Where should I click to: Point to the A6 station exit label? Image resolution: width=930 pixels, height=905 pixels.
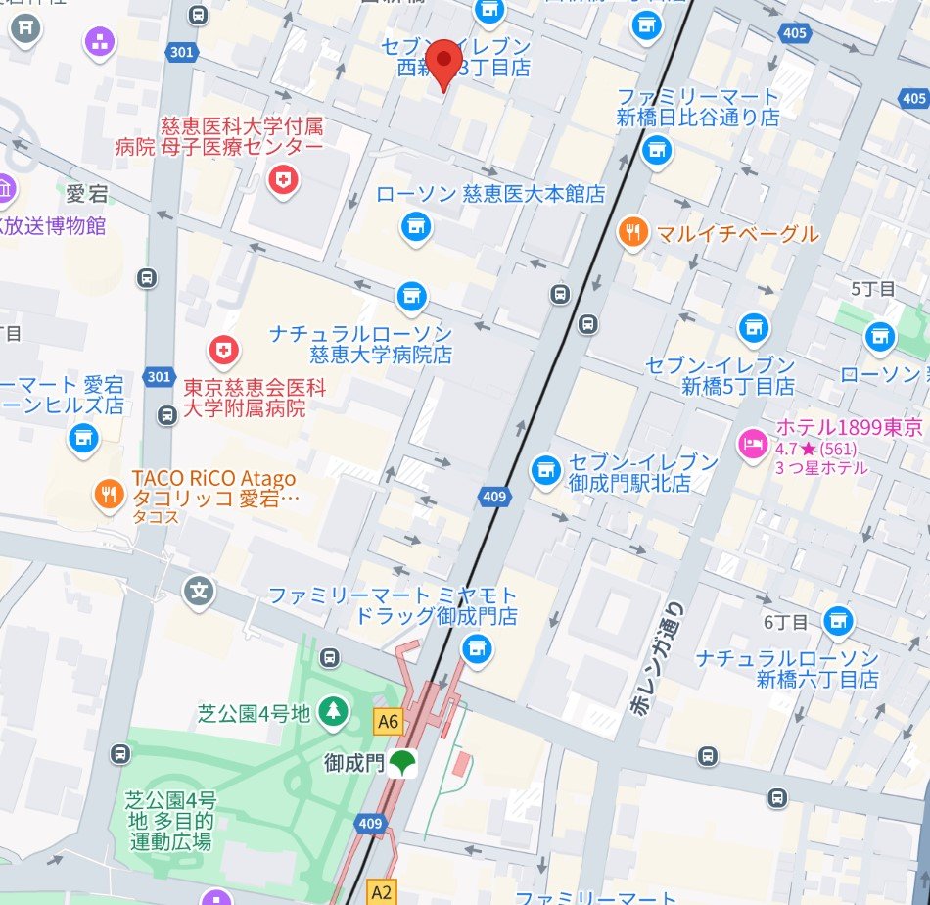click(389, 722)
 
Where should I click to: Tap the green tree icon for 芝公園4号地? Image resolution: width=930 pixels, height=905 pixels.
click(334, 711)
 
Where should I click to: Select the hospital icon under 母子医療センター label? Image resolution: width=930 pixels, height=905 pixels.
click(283, 179)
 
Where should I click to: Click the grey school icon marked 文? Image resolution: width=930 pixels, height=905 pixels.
click(200, 591)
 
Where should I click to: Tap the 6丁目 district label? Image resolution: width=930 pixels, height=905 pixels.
click(786, 622)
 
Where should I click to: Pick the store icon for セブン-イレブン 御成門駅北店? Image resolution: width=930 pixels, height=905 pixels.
click(544, 470)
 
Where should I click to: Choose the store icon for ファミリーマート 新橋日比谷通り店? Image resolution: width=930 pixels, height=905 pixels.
click(656, 150)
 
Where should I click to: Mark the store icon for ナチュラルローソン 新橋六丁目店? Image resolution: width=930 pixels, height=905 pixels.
click(837, 620)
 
